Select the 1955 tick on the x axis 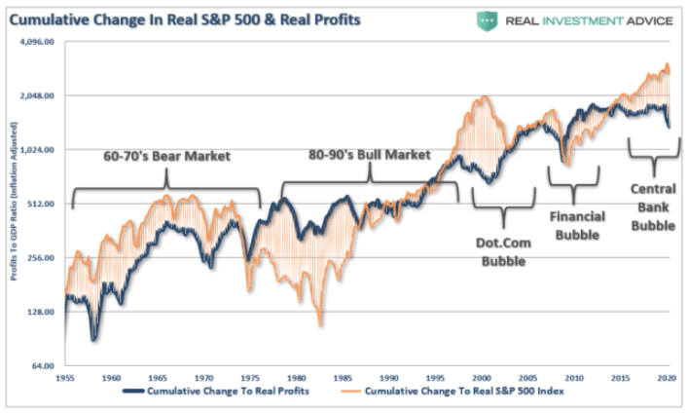click(65, 377)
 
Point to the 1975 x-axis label click(250, 377)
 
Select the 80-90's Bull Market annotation click(369, 154)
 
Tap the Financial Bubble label click(578, 225)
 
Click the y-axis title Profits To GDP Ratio click(15, 208)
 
